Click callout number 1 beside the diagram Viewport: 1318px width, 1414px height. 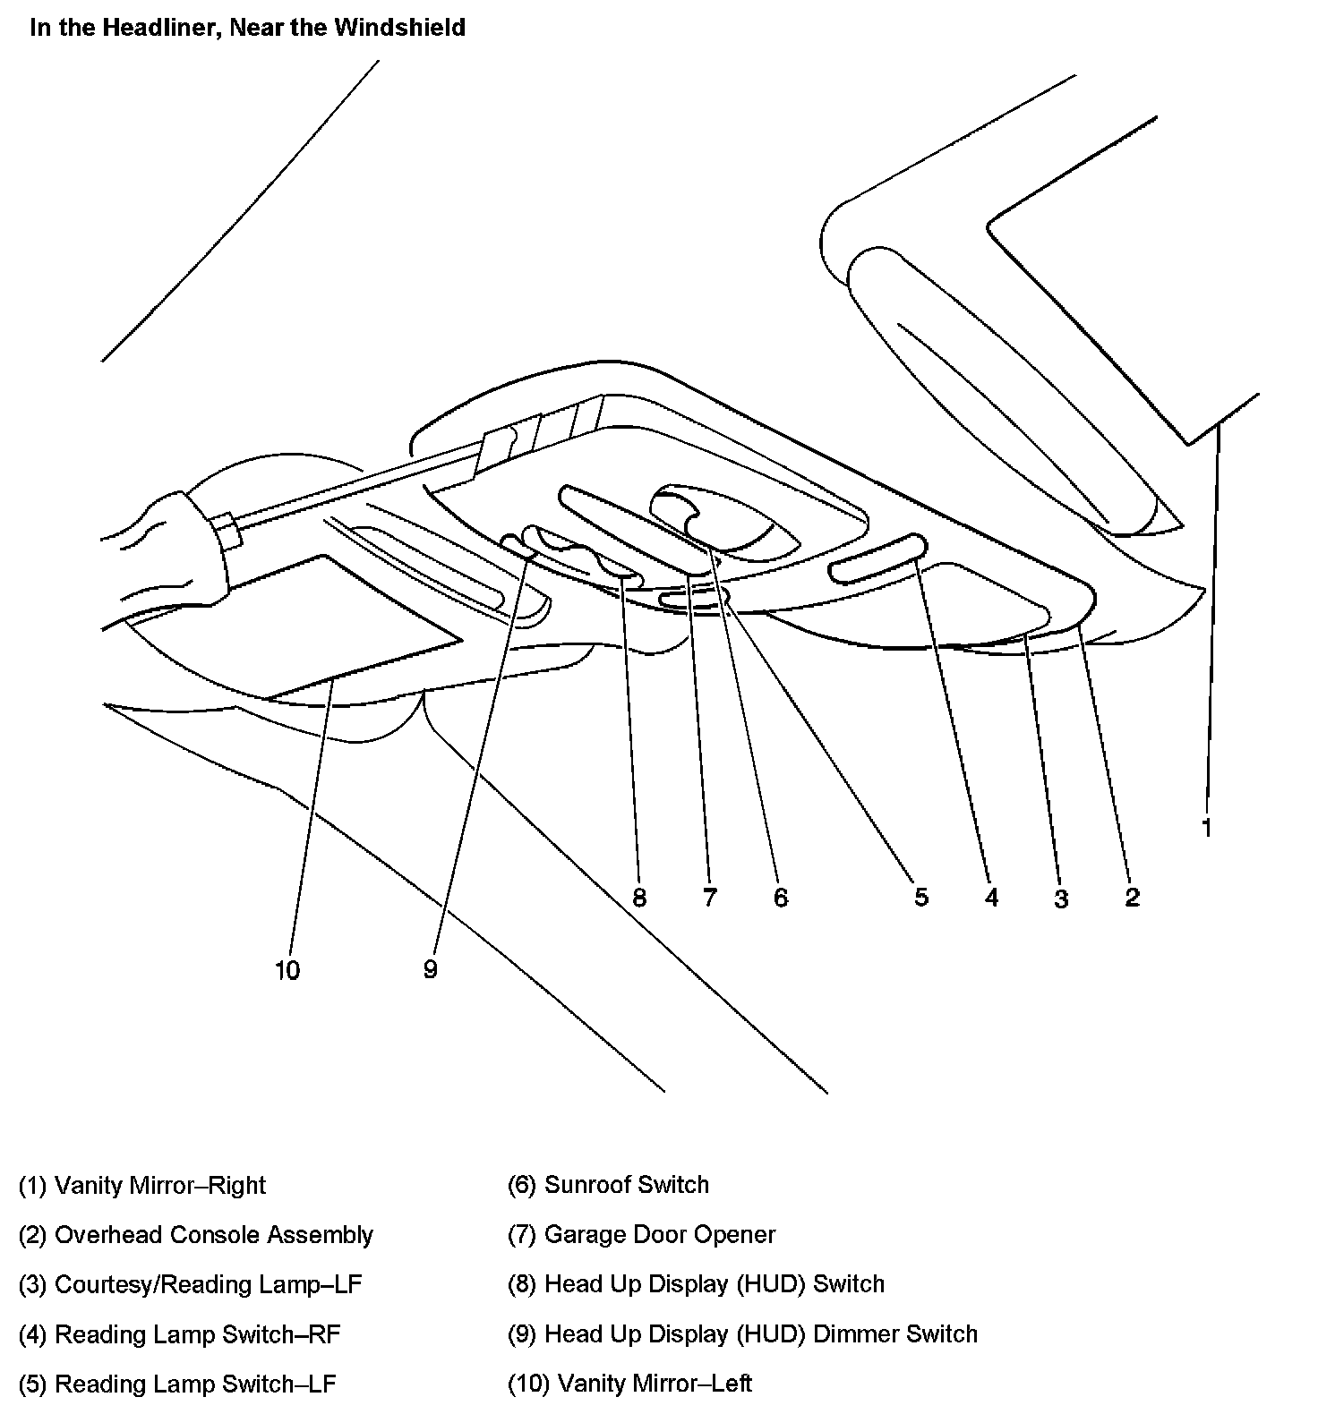(1206, 828)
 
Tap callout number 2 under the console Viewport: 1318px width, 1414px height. (1132, 898)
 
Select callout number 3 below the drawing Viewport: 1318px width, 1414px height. (1061, 899)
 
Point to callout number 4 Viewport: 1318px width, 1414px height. (991, 898)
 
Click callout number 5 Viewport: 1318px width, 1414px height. (921, 898)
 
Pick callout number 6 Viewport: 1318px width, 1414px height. (781, 898)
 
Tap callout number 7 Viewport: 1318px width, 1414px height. (710, 898)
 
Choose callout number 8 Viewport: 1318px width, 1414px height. (638, 898)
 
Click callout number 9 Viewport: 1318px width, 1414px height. (431, 970)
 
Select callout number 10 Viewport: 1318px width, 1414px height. (287, 970)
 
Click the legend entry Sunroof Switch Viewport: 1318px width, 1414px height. (608, 1185)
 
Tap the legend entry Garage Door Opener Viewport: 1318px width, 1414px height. (641, 1235)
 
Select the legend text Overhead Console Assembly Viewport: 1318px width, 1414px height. (195, 1235)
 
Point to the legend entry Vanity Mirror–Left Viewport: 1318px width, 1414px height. (629, 1384)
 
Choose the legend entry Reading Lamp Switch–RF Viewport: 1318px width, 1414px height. (179, 1334)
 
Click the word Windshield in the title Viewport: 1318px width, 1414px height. (399, 28)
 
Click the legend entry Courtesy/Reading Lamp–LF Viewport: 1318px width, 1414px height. (190, 1285)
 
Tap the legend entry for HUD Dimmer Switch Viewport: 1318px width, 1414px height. (742, 1334)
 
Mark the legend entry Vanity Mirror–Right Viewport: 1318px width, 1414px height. (142, 1186)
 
